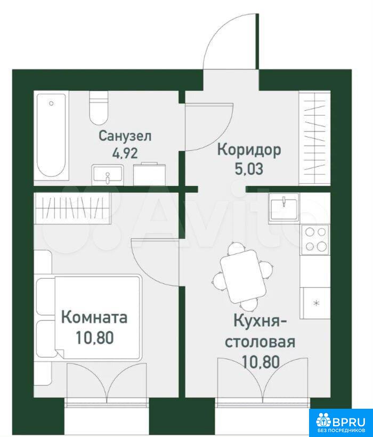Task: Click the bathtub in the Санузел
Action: (x=52, y=135)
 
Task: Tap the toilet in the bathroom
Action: (x=99, y=108)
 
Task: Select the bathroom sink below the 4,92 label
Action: (x=108, y=175)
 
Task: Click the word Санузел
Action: (x=125, y=136)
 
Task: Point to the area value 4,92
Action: (x=125, y=153)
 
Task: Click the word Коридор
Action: (x=249, y=150)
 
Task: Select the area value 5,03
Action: (x=249, y=169)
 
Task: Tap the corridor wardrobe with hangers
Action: (x=314, y=137)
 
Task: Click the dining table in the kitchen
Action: (x=242, y=276)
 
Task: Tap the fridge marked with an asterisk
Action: (x=315, y=303)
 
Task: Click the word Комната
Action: (x=94, y=318)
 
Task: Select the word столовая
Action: (x=260, y=342)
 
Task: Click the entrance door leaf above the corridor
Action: (x=257, y=41)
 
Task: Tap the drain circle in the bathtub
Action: (x=51, y=103)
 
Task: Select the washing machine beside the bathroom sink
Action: (x=150, y=174)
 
